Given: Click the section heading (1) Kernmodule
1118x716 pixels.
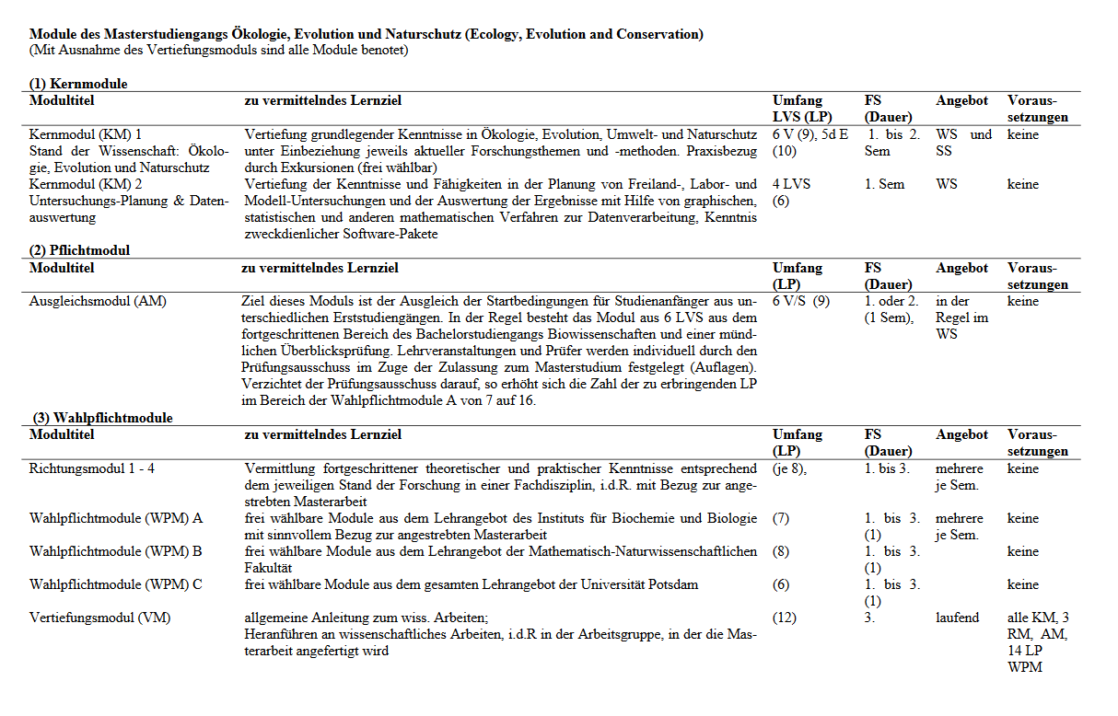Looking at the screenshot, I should pos(78,84).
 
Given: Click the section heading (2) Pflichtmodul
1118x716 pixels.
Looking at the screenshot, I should pos(79,250).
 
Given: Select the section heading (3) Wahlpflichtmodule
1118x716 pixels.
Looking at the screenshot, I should pos(102,418).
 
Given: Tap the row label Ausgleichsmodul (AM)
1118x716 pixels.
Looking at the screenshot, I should pos(98,301).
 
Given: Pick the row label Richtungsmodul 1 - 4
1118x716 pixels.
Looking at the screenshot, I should pos(92,468).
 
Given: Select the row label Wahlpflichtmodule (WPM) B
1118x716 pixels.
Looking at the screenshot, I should pos(116,551).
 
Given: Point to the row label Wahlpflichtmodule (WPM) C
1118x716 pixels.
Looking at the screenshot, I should pos(116,584).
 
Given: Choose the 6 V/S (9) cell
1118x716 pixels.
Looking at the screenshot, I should pos(801,301).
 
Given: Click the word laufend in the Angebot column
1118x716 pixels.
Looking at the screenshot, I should pos(958,618).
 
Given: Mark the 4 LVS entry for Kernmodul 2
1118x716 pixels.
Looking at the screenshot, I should pos(792,184).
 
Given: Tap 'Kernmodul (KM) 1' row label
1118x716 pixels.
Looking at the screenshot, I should pos(86,134).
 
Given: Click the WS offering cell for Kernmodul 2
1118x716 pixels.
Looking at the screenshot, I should pos(947,184).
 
